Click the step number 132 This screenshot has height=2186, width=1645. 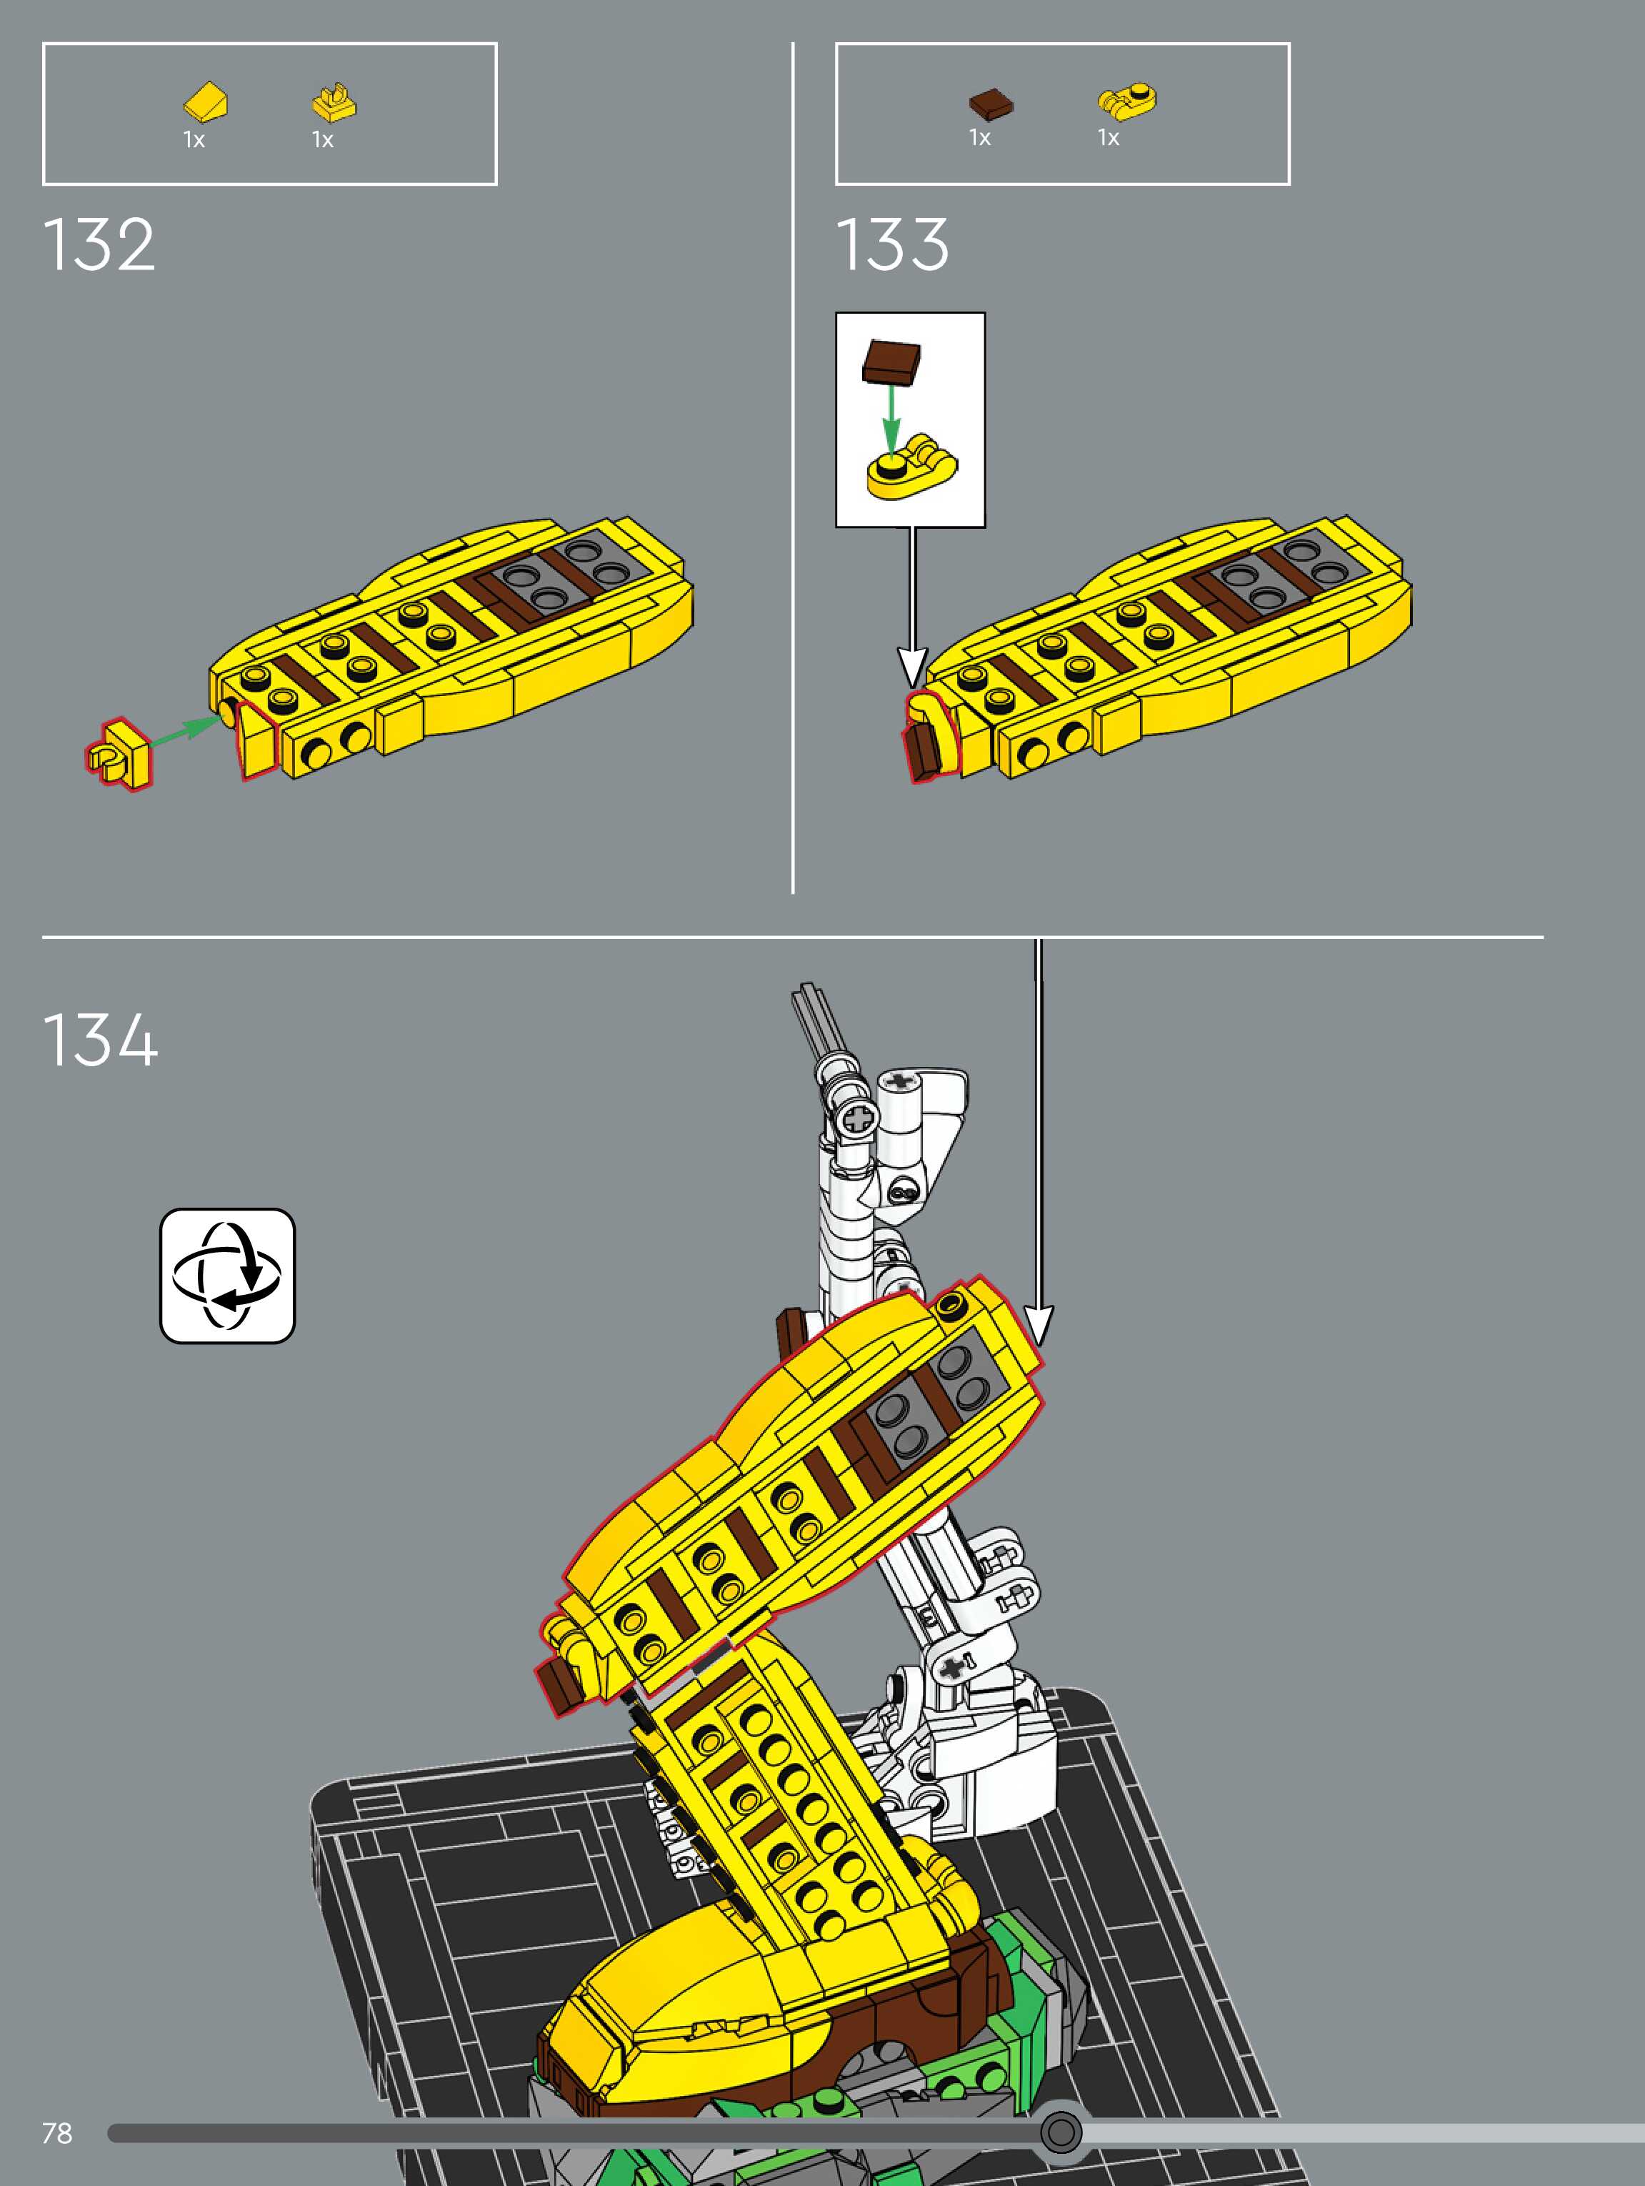pos(99,244)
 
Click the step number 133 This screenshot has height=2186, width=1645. pos(892,244)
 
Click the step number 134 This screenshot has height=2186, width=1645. pos(100,1040)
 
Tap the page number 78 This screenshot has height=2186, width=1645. pos(57,2132)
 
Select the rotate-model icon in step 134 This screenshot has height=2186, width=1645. pos(227,1275)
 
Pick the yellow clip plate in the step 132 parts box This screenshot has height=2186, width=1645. pos(334,101)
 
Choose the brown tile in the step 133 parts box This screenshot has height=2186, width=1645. pos(991,101)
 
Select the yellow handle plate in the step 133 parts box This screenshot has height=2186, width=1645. pos(1127,101)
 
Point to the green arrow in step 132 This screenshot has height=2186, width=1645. pos(188,730)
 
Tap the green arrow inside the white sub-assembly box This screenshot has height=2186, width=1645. pos(891,415)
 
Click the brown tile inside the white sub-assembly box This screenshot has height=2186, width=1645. pos(892,361)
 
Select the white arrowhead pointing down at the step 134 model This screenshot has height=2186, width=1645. pos(1037,1324)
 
